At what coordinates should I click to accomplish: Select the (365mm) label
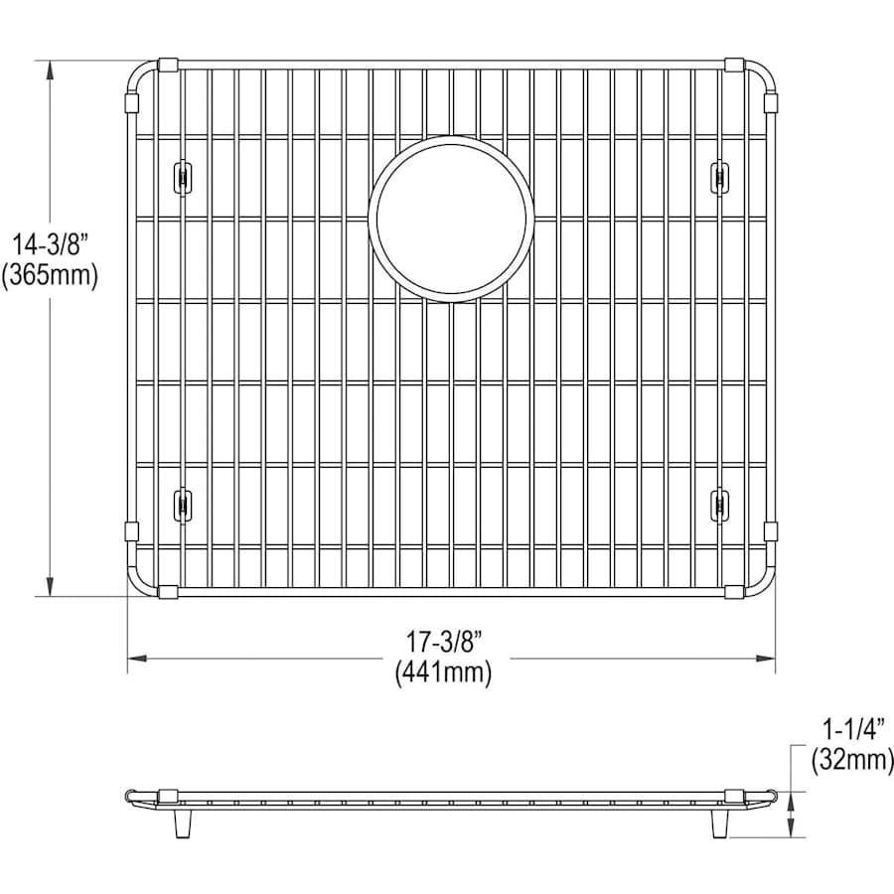(50, 275)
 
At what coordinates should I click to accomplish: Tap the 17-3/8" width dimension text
(444, 643)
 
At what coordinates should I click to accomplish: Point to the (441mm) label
(444, 672)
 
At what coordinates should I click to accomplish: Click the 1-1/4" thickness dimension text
(853, 729)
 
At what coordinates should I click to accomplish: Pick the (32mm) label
(852, 760)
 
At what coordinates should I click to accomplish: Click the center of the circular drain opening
(451, 219)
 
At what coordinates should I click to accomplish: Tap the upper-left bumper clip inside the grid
(182, 178)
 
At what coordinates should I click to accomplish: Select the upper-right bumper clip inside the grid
(719, 178)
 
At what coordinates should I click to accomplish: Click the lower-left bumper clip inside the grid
(182, 504)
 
